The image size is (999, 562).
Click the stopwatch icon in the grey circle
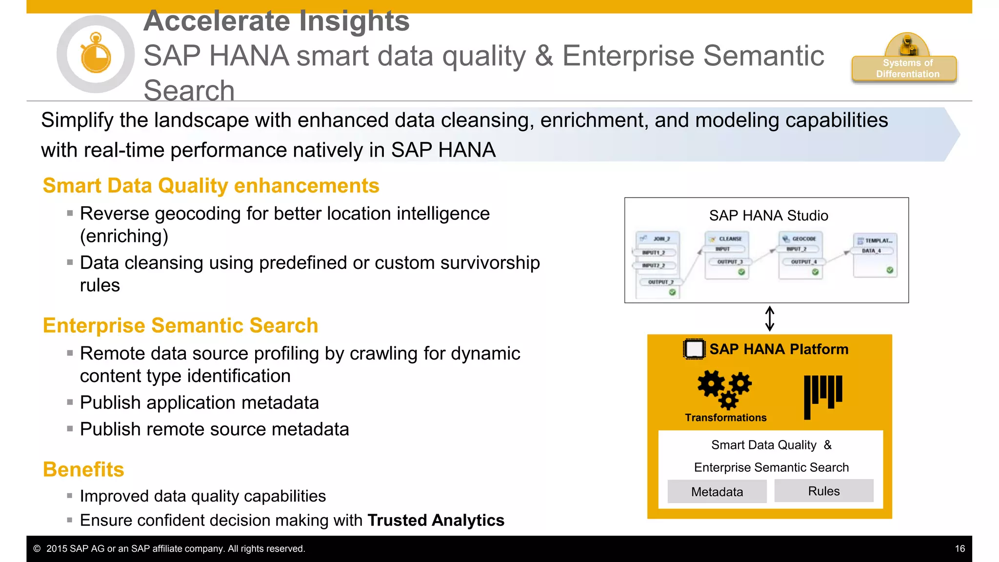96,54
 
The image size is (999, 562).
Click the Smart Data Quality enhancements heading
211,186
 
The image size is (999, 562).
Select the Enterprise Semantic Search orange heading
180,325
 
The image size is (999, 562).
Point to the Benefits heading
83,469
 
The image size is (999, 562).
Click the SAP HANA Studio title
768,216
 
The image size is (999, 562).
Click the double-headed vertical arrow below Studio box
770,319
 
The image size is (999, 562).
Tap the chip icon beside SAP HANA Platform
694,349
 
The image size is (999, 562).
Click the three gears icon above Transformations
725,388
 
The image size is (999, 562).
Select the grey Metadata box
717,492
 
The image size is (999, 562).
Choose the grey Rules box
824,491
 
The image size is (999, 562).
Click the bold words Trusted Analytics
436,521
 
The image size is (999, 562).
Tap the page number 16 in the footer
959,549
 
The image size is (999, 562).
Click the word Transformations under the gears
725,418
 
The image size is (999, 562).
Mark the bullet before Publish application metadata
70,402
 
